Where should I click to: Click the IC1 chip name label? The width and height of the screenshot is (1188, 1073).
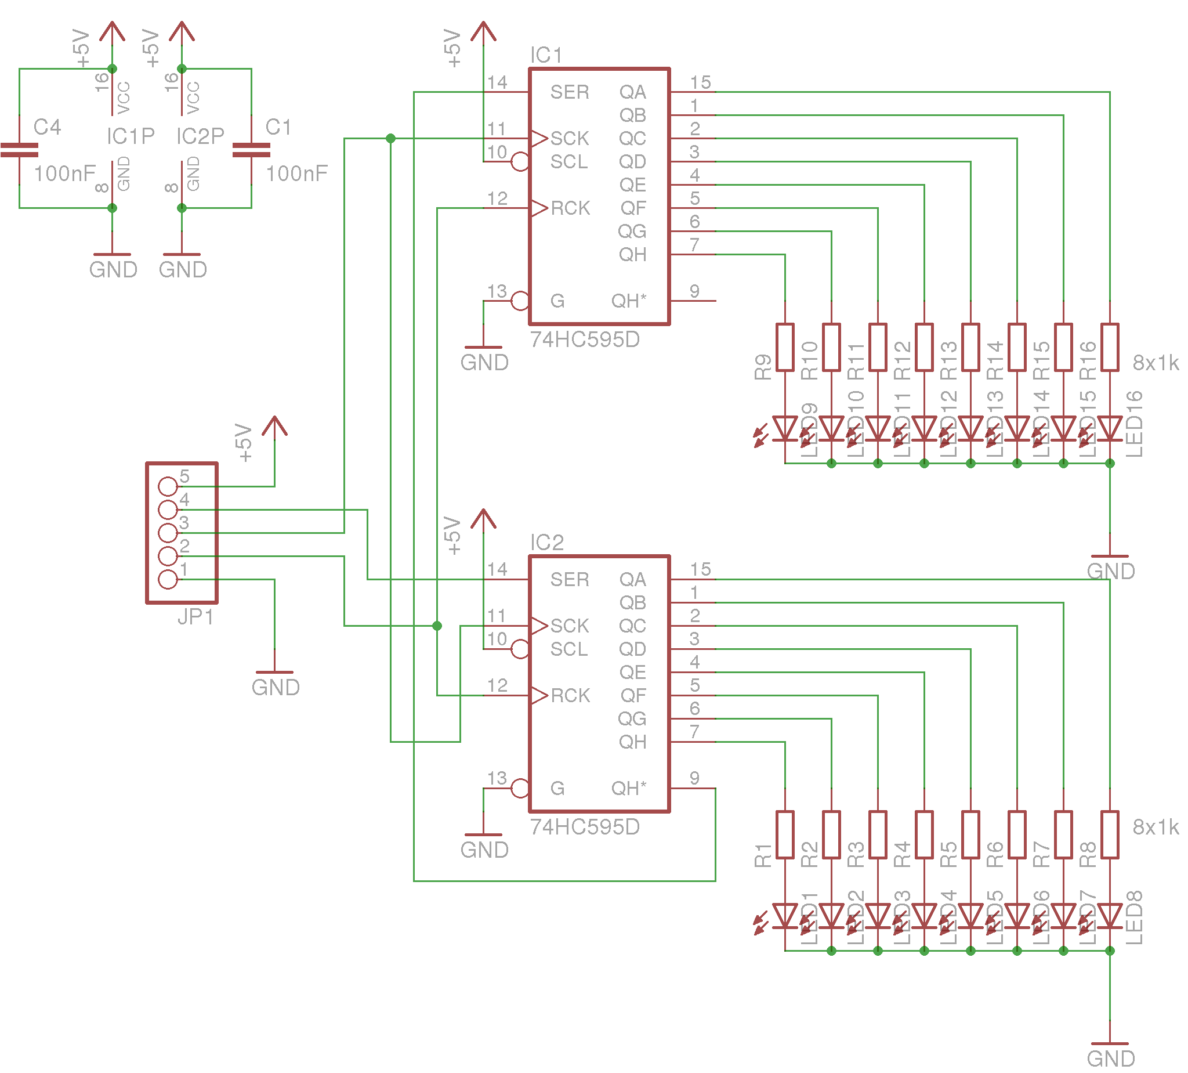546,55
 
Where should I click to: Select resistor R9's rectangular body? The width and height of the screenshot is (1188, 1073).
785,347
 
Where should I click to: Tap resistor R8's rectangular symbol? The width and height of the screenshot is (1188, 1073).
1110,834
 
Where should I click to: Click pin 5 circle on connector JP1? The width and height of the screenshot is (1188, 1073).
168,486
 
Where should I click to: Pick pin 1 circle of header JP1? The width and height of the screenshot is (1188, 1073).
168,580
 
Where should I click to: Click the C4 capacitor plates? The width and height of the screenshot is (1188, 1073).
20,150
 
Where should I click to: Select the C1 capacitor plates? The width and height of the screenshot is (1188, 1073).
252,150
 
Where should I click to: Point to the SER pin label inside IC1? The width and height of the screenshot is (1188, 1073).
569,92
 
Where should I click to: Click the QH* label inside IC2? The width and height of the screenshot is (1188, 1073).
628,788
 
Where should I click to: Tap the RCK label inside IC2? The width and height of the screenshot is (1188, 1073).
570,696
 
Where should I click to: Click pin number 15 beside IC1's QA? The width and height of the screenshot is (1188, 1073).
701,82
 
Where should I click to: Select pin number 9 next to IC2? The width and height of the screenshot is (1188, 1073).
695,778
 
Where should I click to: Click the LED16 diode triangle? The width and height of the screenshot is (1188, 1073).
1110,428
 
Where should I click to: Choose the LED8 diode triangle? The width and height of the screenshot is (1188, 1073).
1110,916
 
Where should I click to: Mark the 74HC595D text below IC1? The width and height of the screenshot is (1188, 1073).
585,340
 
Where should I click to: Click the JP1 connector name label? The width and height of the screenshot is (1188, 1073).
195,617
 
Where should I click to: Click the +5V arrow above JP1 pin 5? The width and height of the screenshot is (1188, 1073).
274,428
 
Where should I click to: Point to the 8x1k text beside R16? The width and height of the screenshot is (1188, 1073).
1156,363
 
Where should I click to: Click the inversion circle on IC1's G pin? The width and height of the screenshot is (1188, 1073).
520,301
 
